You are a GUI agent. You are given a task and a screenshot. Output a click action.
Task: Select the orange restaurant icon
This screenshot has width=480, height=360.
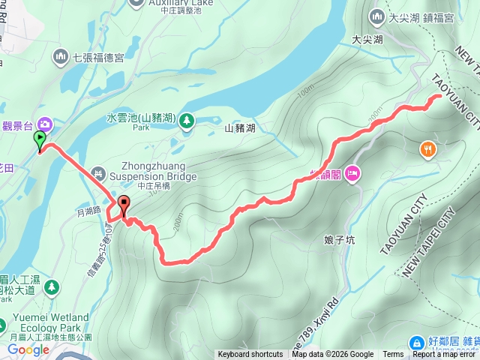pos(427,148)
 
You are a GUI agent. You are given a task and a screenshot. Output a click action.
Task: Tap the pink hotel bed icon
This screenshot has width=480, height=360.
pos(353,174)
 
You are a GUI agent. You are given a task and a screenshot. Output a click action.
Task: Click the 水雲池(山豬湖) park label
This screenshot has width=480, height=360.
pos(140,118)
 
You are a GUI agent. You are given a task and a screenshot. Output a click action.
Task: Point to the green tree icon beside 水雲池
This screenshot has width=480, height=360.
pos(186,120)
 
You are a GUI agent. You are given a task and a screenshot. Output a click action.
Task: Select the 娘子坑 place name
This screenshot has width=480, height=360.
pos(338,241)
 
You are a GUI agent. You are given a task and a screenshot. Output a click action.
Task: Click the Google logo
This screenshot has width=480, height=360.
pos(28,349)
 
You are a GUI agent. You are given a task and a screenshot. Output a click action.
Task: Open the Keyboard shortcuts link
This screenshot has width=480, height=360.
pos(250,355)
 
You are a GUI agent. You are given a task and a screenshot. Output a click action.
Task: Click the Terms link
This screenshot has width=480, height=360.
pos(393,355)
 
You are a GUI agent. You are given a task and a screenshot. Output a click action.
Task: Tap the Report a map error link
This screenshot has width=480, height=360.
pos(445,355)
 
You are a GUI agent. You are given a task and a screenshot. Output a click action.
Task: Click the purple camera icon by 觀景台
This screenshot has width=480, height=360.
pos(45,124)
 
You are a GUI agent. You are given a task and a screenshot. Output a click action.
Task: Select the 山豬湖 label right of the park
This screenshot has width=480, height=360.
pos(240,128)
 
